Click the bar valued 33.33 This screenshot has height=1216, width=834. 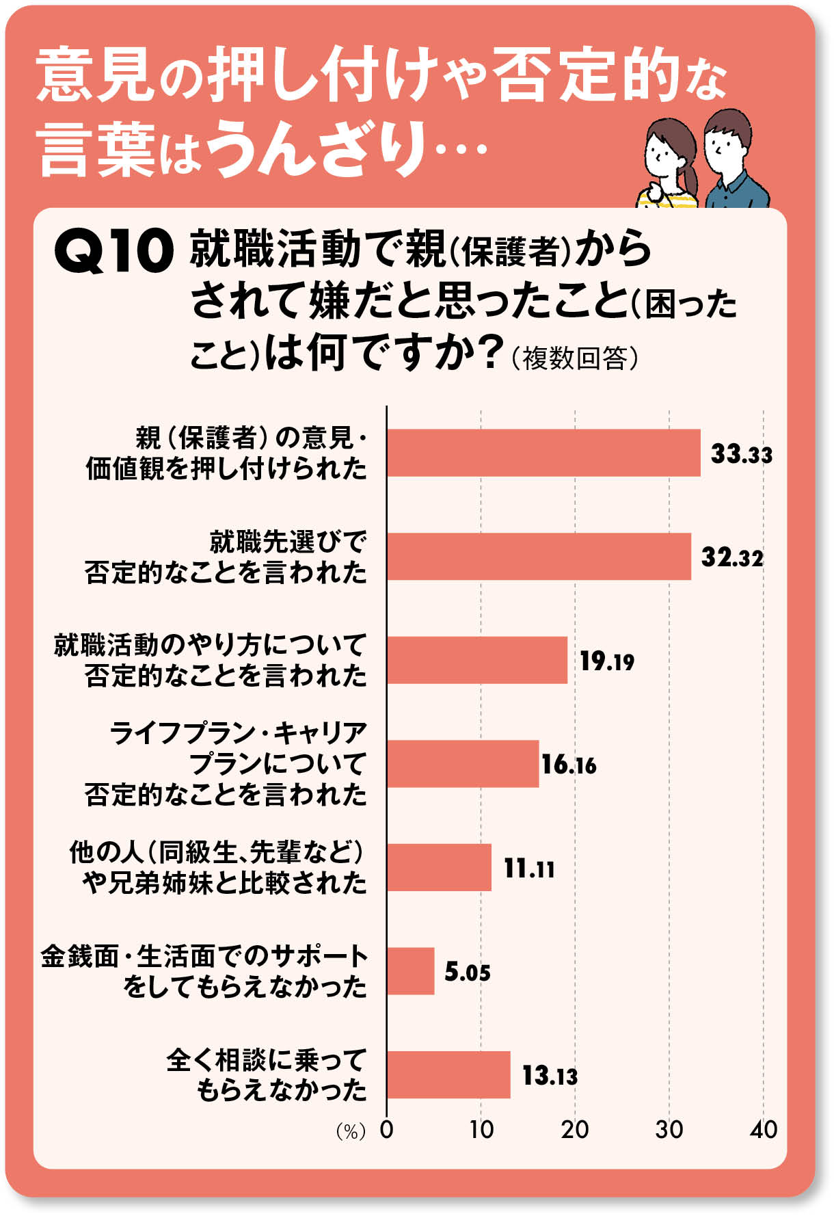pos(543,453)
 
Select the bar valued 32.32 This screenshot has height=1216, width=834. pos(539,556)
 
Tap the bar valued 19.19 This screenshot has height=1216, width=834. pos(477,660)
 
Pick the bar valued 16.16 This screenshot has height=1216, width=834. pos(463,764)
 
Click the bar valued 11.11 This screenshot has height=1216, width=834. pos(439,867)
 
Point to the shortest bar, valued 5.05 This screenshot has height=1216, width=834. pos(411,971)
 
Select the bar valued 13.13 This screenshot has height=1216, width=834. pos(448,1074)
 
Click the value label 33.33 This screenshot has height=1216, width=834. pos(741,453)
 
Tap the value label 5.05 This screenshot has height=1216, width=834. pos(467,972)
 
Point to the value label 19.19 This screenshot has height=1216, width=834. pos(606,661)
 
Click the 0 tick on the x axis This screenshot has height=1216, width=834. pos(387,1130)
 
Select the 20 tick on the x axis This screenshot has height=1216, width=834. pos(575,1130)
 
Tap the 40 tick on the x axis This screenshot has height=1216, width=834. pos(763,1130)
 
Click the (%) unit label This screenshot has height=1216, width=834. pos(351,1132)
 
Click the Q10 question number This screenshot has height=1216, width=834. pos(113,251)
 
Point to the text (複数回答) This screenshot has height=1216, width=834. pos(575,358)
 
